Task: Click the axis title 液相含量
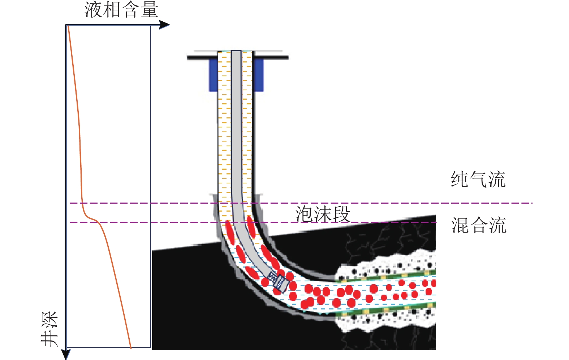tap(121, 10)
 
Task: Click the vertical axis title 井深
tap(49, 329)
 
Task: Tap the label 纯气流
tap(478, 179)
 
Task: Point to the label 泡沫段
tap(323, 214)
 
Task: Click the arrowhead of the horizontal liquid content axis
tap(165, 25)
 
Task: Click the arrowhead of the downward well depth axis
tap(66, 354)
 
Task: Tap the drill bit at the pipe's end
tap(280, 282)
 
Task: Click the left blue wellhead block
tap(213, 75)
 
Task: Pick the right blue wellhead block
tap(258, 75)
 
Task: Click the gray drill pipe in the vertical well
tap(236, 126)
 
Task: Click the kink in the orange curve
tap(95, 220)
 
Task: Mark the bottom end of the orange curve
tap(130, 347)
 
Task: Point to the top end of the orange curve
tap(68, 26)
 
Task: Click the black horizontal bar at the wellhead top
tap(237, 57)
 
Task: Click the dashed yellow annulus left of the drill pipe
tap(224, 126)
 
